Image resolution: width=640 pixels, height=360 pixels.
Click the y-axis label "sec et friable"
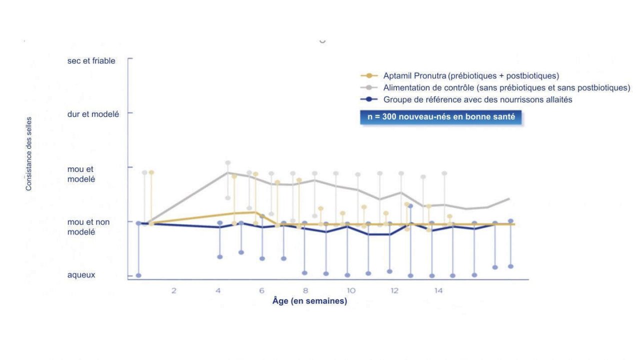(x=91, y=61)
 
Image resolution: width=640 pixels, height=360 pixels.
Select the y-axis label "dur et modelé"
(x=93, y=114)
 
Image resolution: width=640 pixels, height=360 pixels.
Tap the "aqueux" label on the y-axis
(x=81, y=275)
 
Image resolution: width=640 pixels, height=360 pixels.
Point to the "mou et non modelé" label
(x=88, y=227)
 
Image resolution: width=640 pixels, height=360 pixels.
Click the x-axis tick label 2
(x=173, y=291)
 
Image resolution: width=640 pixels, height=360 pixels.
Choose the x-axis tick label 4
(x=218, y=291)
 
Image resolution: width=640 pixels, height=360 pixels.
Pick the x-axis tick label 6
(x=261, y=291)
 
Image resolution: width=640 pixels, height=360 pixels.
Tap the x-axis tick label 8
(x=305, y=291)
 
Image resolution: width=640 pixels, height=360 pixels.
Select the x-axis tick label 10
(x=351, y=291)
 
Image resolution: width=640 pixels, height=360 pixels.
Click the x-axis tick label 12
(x=394, y=291)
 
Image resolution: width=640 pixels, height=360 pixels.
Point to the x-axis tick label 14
(x=438, y=291)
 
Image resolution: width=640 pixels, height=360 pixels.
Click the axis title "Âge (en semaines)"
(x=309, y=301)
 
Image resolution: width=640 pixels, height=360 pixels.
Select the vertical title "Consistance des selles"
(x=28, y=153)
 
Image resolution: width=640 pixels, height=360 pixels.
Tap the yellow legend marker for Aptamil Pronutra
(x=369, y=75)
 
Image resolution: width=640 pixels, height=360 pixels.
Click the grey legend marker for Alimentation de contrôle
(x=369, y=87)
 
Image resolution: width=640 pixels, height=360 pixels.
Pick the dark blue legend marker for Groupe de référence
(x=369, y=99)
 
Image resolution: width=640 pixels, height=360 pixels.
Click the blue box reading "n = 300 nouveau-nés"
(x=441, y=117)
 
